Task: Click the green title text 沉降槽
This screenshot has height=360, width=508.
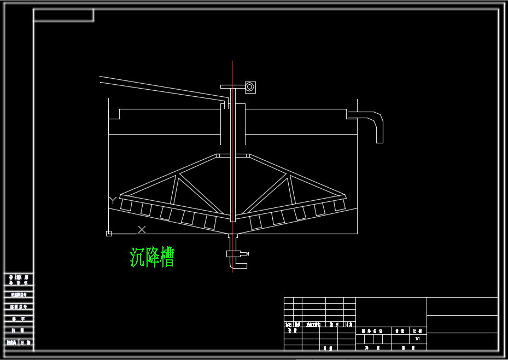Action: [x=152, y=257]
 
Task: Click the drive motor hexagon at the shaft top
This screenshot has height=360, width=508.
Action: [x=250, y=86]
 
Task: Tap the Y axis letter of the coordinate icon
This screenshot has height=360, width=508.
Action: [x=113, y=200]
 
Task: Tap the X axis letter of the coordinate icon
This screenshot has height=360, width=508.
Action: [x=142, y=230]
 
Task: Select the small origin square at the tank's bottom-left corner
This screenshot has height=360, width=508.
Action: [x=109, y=234]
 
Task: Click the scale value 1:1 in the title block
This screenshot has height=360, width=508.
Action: [x=417, y=339]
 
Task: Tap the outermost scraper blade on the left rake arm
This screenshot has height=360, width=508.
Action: [x=126, y=205]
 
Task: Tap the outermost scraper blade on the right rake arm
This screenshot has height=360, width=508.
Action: [x=340, y=205]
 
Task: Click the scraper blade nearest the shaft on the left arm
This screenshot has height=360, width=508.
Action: [x=210, y=222]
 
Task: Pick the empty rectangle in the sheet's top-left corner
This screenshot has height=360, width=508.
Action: [x=63, y=15]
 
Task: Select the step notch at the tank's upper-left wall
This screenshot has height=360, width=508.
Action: [x=114, y=114]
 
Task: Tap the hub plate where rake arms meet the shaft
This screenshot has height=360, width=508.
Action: [x=233, y=155]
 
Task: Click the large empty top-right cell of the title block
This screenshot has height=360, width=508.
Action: [x=462, y=306]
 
